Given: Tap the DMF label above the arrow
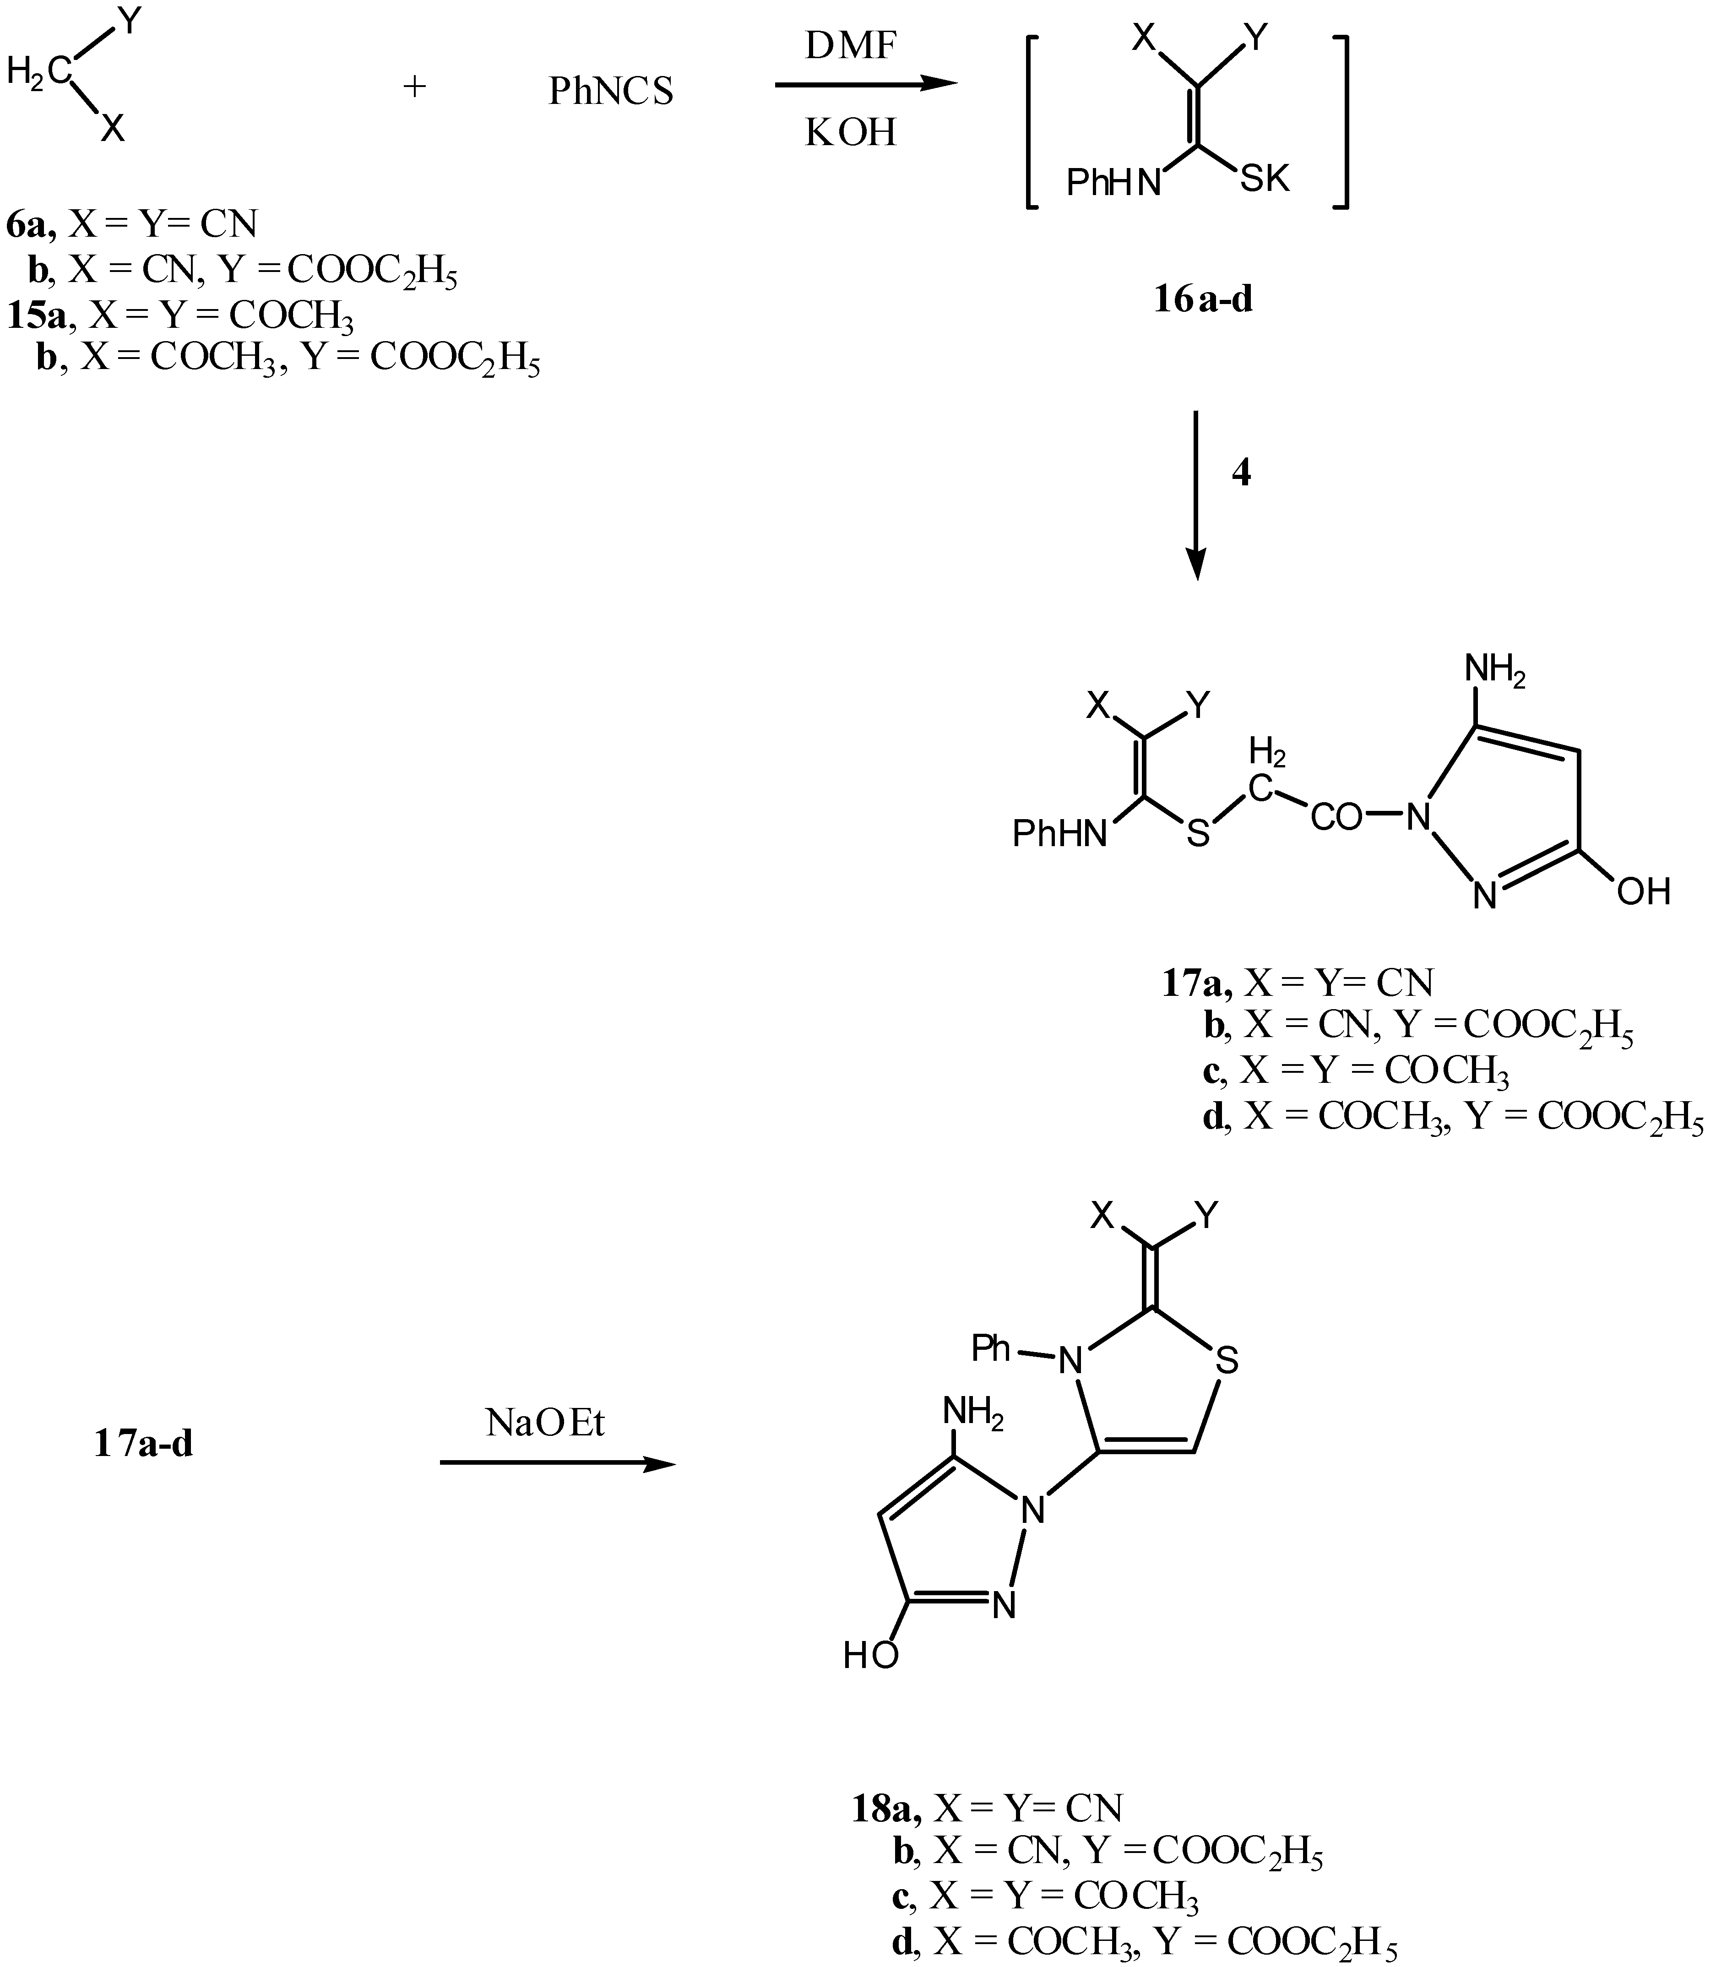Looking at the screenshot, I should click(850, 45).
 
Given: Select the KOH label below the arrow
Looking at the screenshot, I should click(850, 132).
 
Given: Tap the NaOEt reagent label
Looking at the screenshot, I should click(546, 1424).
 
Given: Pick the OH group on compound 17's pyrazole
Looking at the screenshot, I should click(1643, 891).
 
